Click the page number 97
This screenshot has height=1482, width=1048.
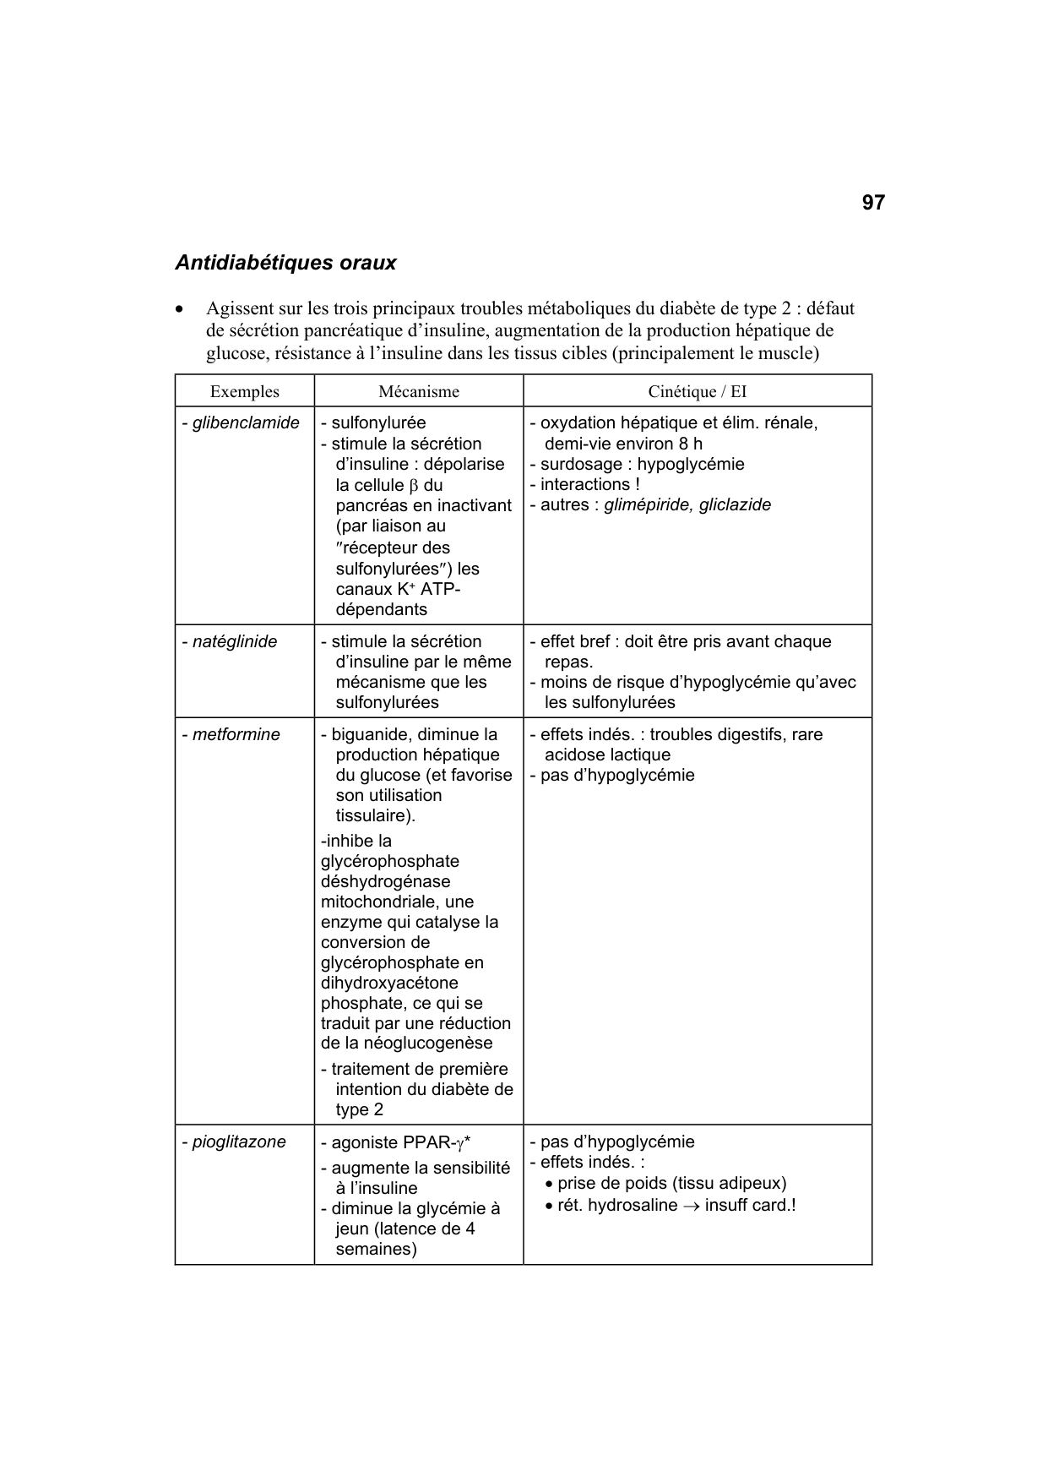pos(873,203)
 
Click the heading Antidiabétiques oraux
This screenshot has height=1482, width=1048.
pos(285,263)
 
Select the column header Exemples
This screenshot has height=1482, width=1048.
pos(244,392)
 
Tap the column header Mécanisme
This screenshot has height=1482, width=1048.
pos(418,392)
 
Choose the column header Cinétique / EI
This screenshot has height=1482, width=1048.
pos(697,392)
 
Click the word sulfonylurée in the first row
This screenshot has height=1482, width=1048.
pos(377,422)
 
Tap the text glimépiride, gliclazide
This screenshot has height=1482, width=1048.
pos(687,504)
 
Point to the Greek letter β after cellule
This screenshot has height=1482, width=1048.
pos(414,486)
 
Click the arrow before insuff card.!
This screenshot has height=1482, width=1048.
pos(691,1206)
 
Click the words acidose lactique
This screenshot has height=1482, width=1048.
pos(607,755)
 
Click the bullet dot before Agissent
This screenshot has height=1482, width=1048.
pos(179,310)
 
